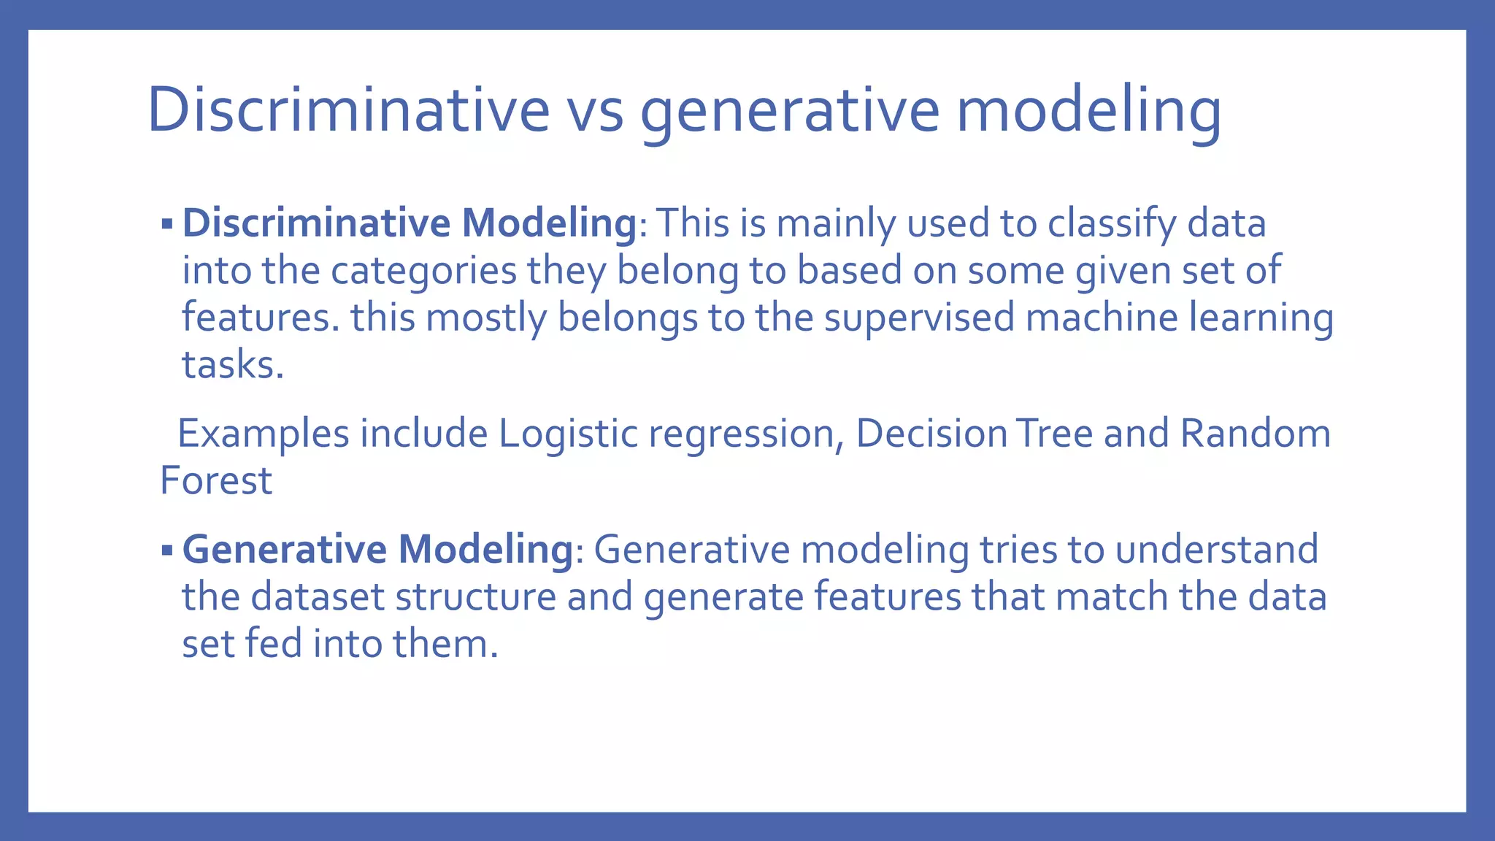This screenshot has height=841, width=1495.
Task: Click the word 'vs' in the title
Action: coord(595,111)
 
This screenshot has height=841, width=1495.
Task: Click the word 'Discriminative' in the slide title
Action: coord(348,111)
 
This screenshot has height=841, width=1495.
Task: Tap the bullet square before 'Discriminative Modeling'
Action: coord(167,223)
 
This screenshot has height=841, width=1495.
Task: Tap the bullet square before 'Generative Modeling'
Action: coord(167,550)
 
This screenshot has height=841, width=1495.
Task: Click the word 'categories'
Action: coord(423,271)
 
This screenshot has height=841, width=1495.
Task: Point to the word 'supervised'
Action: coord(919,318)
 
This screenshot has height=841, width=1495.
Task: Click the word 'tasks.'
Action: coord(232,364)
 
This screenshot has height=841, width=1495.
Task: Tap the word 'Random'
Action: coord(1255,434)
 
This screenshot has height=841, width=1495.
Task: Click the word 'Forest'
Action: coord(216,481)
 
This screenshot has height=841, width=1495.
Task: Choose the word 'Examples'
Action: coord(264,434)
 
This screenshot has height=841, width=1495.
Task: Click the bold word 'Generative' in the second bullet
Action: coord(284,550)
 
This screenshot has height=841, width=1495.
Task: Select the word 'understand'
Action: coord(1216,550)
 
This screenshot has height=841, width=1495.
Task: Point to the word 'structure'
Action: coord(475,597)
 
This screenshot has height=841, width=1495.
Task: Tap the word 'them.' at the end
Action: coord(445,644)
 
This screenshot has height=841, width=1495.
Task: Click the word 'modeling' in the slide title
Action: coord(1088,111)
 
